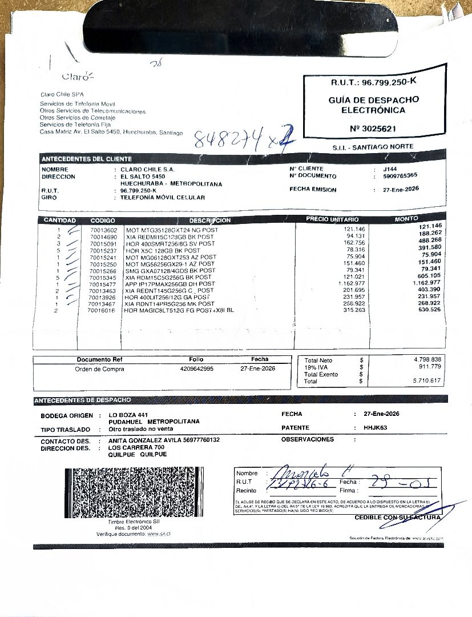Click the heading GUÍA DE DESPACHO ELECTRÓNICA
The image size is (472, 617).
pos(373,105)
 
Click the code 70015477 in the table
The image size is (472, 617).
pos(103,284)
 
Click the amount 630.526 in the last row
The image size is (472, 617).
pos(430,310)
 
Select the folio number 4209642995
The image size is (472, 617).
pos(196,369)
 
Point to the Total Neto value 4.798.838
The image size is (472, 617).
pos(427,359)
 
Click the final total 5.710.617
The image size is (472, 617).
pos(427,380)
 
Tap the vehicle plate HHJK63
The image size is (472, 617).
pos(376,428)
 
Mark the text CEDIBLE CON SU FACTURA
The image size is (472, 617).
pos(397,518)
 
